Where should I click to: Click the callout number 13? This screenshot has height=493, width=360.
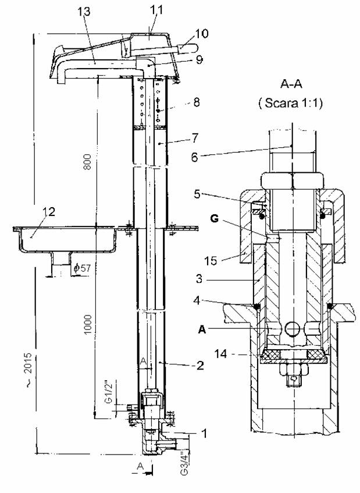tap(84, 12)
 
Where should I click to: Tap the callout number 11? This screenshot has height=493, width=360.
tap(156, 10)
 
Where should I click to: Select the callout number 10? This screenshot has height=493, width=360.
tap(202, 34)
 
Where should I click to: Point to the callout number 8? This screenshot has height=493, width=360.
tap(197, 102)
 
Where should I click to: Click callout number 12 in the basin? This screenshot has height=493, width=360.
tap(49, 212)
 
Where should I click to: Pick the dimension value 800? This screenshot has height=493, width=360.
tap(88, 162)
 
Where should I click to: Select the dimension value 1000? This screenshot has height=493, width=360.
tap(88, 324)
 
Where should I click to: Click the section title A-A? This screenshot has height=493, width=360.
tap(291, 84)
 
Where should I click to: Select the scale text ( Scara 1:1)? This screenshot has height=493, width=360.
tap(291, 103)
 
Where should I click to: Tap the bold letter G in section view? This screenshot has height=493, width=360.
tap(214, 219)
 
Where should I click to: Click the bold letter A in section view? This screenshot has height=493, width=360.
tap(202, 329)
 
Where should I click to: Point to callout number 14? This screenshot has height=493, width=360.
tap(221, 354)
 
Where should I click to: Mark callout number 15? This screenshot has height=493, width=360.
tap(211, 261)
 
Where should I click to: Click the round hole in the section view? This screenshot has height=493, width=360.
tap(292, 328)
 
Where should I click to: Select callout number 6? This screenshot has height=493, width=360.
tap(195, 157)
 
